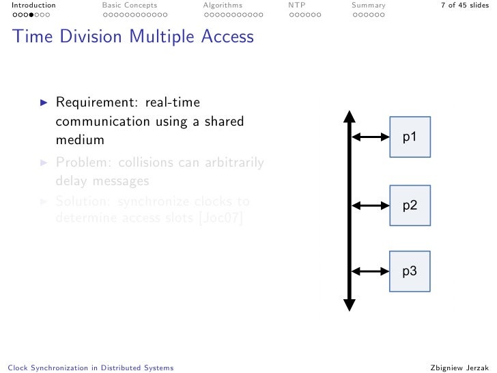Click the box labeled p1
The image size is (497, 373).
(410, 137)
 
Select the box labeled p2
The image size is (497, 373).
(410, 205)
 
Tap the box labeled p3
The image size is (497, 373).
(410, 271)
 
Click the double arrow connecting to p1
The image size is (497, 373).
(369, 137)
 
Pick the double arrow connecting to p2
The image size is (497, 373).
(369, 205)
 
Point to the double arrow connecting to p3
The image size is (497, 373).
(369, 271)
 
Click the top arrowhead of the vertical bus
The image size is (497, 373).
(349, 116)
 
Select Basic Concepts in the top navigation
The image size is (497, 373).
(129, 5)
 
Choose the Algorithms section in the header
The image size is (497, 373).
(223, 5)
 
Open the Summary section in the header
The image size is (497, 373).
(368, 5)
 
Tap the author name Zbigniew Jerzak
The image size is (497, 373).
(460, 368)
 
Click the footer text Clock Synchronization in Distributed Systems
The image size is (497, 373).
(88, 368)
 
